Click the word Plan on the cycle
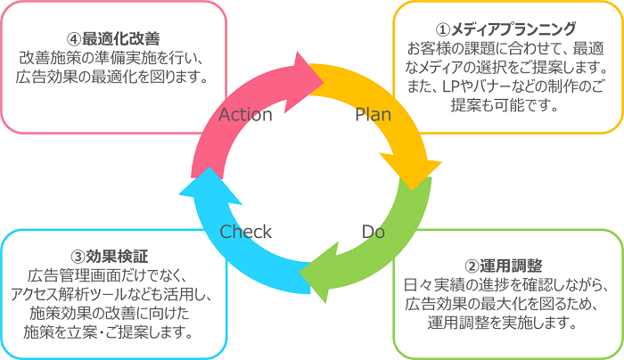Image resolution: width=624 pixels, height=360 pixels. click(x=373, y=115)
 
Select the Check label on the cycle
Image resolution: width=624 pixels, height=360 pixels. click(x=245, y=232)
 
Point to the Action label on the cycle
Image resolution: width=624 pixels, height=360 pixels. click(x=245, y=115)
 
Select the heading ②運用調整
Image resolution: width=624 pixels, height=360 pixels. click(x=505, y=266)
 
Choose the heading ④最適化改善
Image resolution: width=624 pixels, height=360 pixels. click(x=112, y=39)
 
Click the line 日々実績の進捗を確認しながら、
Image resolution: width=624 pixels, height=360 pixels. click(x=505, y=285)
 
